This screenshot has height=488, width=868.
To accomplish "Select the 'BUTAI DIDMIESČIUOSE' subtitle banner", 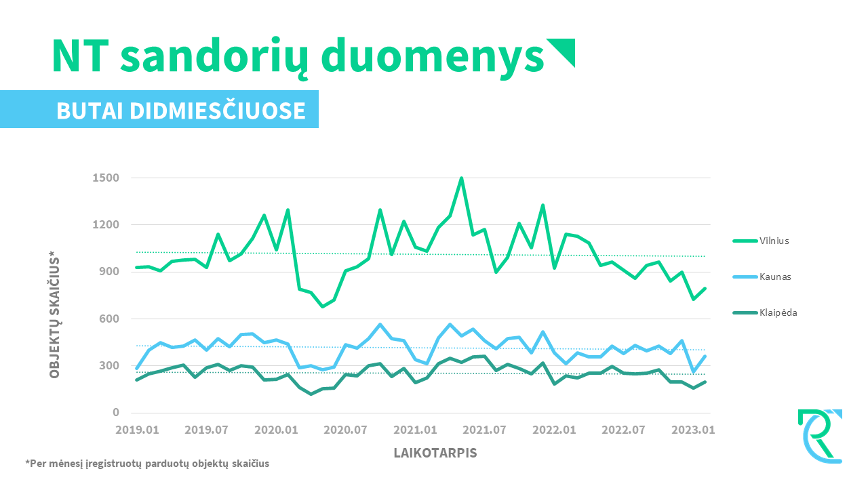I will tap(180, 110).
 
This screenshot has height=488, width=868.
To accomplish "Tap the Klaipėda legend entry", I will tap(764, 312).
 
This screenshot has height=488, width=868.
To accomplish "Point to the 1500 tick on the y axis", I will tap(106, 178).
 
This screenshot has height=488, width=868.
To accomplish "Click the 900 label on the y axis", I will tap(108, 272).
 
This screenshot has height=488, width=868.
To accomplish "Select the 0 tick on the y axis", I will tap(116, 413).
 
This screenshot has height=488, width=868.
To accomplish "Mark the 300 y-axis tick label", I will tap(108, 366).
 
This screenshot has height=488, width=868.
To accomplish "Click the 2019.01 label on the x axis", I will tap(137, 430).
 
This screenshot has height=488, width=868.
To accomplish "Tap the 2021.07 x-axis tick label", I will tap(485, 430).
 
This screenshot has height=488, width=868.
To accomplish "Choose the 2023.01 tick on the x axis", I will tap(694, 430).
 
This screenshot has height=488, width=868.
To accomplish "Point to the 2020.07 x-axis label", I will tap(346, 430).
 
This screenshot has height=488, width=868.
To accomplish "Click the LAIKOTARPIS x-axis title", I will tap(435, 453).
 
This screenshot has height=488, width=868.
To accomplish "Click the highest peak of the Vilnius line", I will tap(461, 178).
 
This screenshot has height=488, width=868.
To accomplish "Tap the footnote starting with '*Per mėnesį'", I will tap(147, 464).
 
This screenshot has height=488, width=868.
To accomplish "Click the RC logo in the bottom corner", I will tap(820, 436).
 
